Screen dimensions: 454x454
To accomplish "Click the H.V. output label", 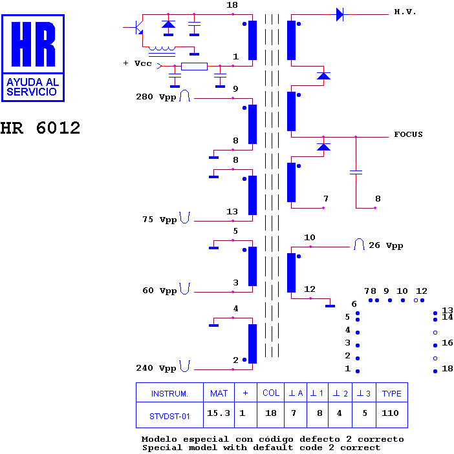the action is point(405,12).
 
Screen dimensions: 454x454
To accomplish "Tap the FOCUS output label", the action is point(408,134).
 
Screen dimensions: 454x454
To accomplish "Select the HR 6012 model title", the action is point(40,128).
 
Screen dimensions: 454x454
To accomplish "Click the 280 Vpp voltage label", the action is point(156,97).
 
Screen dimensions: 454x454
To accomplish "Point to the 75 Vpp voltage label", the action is point(160,220).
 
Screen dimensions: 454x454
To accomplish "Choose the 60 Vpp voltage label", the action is point(160,291).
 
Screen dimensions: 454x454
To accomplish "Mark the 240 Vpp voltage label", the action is point(156,368).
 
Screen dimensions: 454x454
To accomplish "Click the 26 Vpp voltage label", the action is point(386,245).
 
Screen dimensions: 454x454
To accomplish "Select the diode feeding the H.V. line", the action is point(340,14).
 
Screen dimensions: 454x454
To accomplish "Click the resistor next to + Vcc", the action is point(194,67).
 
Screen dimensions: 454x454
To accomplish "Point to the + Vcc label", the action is point(137,63).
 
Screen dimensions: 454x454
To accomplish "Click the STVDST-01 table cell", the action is point(169,417).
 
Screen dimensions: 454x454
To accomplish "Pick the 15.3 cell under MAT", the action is point(219,413).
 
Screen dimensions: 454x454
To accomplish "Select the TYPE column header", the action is point(392,393).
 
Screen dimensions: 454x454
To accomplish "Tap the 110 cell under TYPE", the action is point(390,413).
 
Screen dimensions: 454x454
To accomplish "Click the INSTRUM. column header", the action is point(169,394).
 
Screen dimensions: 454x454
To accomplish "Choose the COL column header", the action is point(271,393).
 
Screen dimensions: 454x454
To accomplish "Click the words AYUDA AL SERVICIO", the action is point(33,87).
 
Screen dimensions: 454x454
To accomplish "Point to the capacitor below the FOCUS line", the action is point(356,172).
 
